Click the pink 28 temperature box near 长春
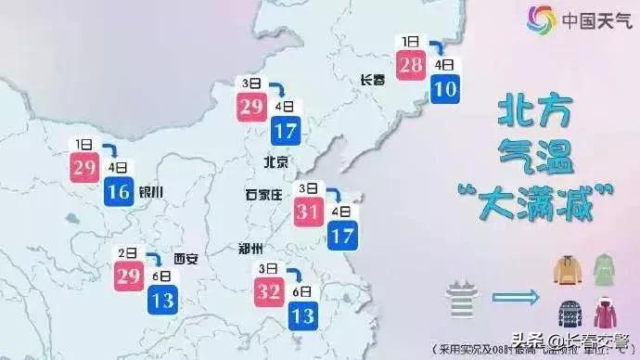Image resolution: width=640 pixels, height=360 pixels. pos(410,65)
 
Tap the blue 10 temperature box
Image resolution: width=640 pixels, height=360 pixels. pos(444,89)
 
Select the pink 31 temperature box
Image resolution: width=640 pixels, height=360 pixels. pos(308,211)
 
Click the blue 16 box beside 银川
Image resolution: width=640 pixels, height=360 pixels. pos(118,192)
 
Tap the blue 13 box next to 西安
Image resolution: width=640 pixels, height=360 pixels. pos(161,301)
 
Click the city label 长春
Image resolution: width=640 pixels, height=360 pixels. pos(372,81)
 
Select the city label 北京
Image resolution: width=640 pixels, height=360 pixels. pos(276,162)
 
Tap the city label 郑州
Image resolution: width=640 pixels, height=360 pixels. pos(250,248)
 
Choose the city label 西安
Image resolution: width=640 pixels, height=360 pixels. pos(186,259)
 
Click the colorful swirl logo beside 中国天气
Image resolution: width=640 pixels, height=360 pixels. pos(541,18)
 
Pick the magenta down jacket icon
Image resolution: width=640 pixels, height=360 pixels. pos(605,314)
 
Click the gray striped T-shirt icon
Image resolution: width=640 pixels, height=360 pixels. pos(460,300)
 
